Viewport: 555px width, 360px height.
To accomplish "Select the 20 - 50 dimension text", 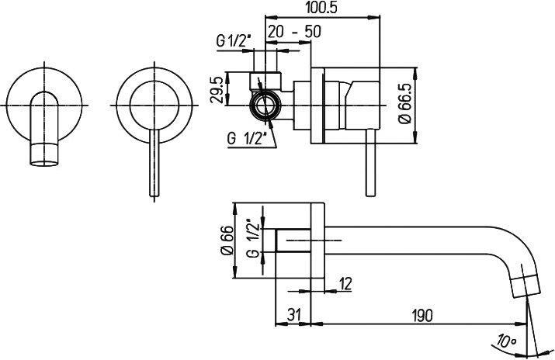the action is tap(294, 32).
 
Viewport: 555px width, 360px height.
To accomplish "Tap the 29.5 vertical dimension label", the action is tap(217, 91).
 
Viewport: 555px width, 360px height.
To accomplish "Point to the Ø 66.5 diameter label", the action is tap(404, 103).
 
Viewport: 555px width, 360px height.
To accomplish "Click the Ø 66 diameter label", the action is tap(227, 241).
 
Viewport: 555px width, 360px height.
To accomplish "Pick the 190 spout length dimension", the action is tap(421, 315).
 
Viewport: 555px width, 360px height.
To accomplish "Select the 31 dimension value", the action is tap(293, 315).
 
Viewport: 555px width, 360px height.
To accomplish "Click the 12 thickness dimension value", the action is tap(345, 284).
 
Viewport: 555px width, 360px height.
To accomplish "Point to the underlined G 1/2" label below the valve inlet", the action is tap(247, 139).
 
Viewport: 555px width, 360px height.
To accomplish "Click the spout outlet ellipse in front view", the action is tap(44, 163).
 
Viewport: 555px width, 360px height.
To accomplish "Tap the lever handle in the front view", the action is tap(154, 163).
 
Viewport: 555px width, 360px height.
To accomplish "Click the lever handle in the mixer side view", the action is tap(370, 162).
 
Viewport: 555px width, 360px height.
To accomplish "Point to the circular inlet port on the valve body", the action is tap(265, 106).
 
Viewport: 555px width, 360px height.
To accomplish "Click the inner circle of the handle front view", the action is tap(154, 105).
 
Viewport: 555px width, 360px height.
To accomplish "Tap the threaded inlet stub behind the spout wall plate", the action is tap(293, 241).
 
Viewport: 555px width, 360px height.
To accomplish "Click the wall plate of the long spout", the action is tap(317, 241).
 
